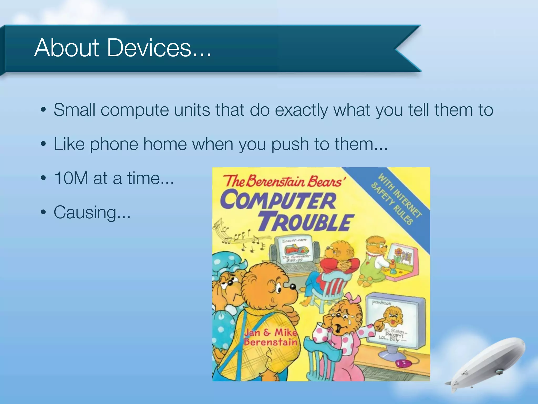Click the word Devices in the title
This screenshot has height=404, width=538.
click(149, 48)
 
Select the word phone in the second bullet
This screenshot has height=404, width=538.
click(114, 144)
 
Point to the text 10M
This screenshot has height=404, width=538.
click(71, 178)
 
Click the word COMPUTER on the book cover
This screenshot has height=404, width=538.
click(278, 200)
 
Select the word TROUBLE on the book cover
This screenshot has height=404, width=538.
click(306, 223)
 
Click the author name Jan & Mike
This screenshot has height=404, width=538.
click(271, 332)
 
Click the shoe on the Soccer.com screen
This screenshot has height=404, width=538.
click(294, 249)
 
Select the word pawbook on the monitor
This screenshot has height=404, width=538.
click(381, 303)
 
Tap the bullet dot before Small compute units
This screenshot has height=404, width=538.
click(44, 110)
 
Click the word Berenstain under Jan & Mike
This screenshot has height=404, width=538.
click(271, 342)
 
